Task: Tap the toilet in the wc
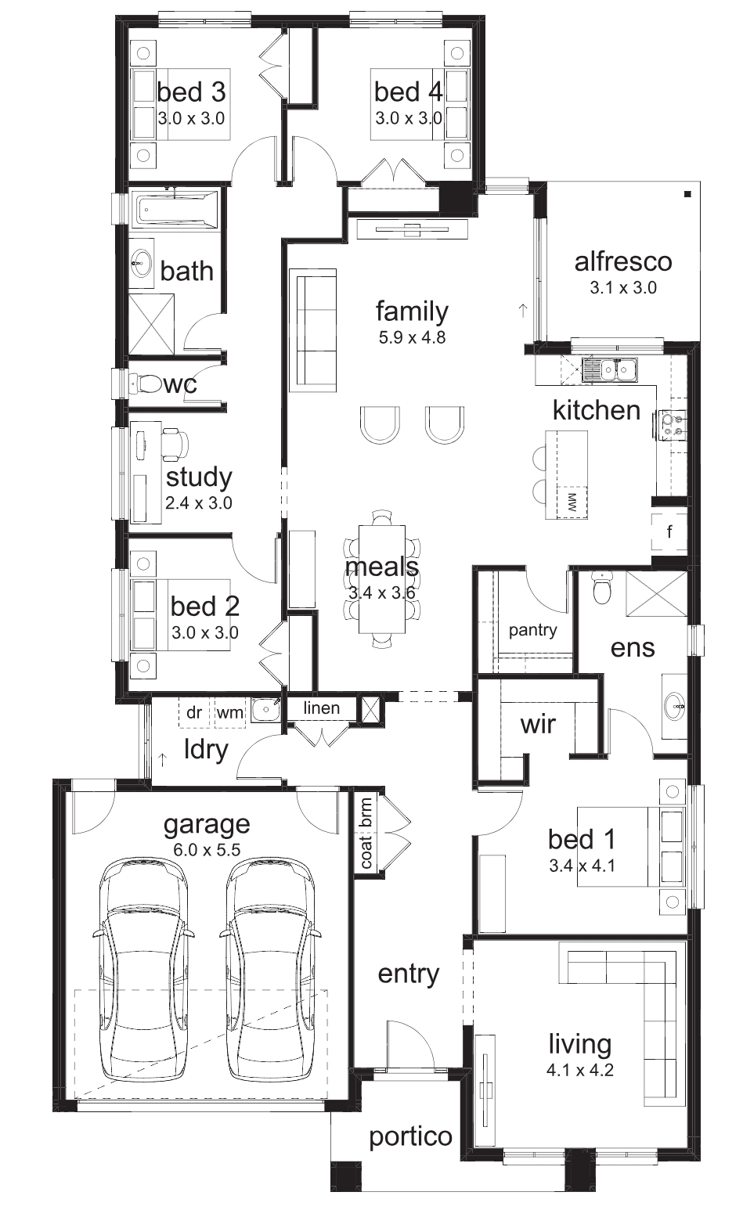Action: [x=145, y=384]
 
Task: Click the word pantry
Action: [x=532, y=630]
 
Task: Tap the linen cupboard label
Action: [x=322, y=708]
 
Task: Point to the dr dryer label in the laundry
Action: [x=194, y=712]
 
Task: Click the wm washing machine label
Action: [x=229, y=713]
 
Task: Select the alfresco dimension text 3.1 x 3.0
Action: [x=623, y=287]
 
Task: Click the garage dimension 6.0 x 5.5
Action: [x=207, y=850]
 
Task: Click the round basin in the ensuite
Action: [x=674, y=705]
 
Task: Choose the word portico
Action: [x=411, y=1137]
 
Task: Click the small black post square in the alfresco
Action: [x=687, y=194]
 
